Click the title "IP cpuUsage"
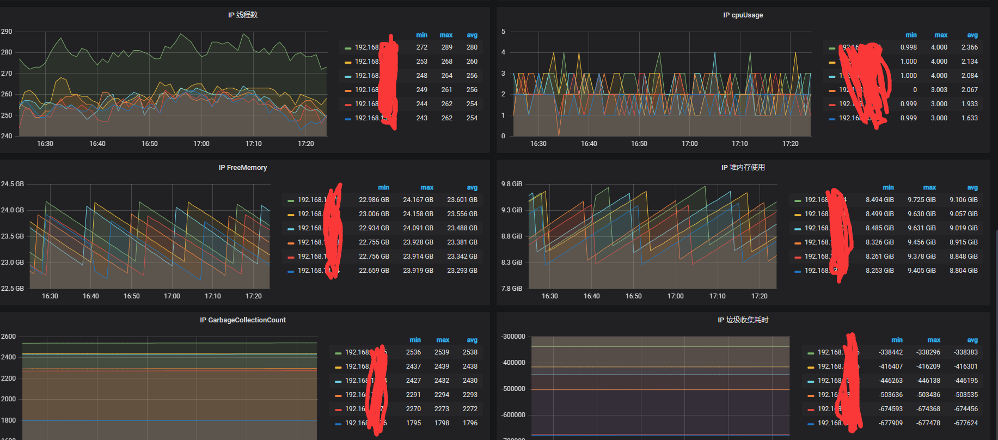tap(743, 15)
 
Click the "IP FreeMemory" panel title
tap(243, 168)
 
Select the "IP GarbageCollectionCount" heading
tap(243, 320)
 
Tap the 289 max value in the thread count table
tap(446, 47)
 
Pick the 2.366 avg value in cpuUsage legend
tap(969, 47)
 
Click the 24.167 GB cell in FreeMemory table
tap(418, 200)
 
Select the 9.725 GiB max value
tap(921, 200)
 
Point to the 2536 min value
tap(413, 352)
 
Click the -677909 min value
tap(890, 423)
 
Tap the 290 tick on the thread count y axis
tap(7, 32)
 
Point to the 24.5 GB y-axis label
tap(13, 184)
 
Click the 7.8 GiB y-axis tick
tap(512, 289)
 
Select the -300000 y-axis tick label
tap(513, 337)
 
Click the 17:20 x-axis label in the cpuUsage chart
tap(790, 144)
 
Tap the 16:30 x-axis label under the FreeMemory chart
tap(50, 296)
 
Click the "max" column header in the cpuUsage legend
tap(941, 35)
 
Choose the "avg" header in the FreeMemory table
tap(472, 187)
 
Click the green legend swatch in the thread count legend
tap(348, 48)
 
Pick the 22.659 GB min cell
tap(374, 271)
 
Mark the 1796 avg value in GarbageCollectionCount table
tap(470, 423)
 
